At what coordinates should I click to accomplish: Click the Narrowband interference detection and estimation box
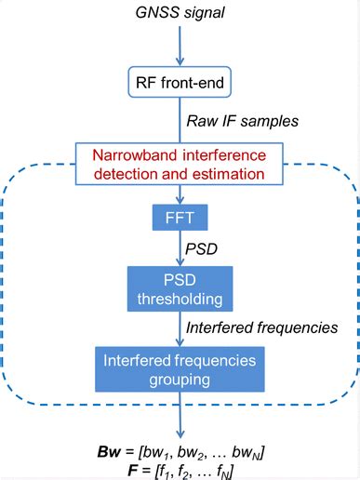pyautogui.click(x=180, y=163)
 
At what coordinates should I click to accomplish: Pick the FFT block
pyautogui.click(x=180, y=220)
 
